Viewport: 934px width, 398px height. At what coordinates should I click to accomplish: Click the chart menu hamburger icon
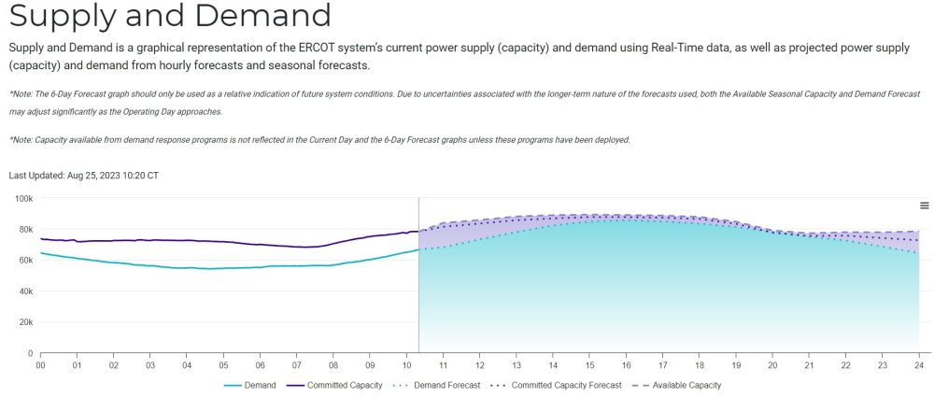tap(925, 206)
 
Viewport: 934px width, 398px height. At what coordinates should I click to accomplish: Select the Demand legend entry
tap(250, 386)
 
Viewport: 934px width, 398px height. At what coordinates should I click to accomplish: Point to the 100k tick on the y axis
tap(24, 198)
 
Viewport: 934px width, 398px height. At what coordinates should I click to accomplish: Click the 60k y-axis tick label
tap(26, 261)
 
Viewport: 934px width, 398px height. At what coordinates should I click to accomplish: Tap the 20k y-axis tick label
tap(26, 322)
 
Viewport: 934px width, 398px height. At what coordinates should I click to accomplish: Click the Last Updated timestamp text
tap(84, 175)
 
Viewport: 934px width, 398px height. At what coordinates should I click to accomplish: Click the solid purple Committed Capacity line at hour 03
tap(150, 240)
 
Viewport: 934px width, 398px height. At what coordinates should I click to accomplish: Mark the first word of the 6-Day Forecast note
tap(21, 94)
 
